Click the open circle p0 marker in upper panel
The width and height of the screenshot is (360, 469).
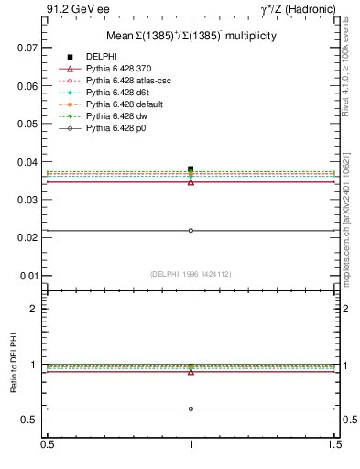point(191,230)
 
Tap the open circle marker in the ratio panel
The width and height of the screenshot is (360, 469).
point(191,409)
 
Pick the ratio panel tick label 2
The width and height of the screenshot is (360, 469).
point(34,309)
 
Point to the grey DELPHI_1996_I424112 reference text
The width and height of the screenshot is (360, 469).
point(191,273)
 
